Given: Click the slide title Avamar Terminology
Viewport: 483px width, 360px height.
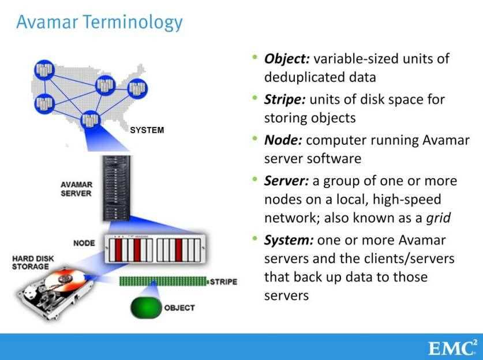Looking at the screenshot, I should coord(99,22).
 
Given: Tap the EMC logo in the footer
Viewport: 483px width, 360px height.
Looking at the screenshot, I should coord(452,348).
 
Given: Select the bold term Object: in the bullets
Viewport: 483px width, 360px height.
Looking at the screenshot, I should coord(287,59).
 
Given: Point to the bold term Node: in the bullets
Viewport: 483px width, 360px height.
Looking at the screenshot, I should coord(283,140).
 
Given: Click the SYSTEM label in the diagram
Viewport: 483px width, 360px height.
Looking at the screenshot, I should coord(147,130).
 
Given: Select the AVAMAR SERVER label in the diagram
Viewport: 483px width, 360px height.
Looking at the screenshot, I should coord(76,189).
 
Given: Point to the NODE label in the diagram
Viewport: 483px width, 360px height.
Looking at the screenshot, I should coord(84,243).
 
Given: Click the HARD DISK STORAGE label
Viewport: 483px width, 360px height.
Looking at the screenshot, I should coord(33,262).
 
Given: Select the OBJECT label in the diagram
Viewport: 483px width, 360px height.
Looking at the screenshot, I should coord(179,307).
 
